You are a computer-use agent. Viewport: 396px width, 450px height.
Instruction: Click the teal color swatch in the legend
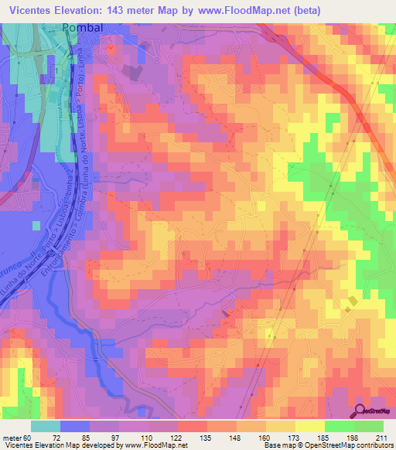(x=46, y=426)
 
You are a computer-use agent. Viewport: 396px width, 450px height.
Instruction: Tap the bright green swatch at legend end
(x=369, y=426)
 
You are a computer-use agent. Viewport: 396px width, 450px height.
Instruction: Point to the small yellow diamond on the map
(x=352, y=302)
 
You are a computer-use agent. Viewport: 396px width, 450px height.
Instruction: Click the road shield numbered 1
(x=56, y=70)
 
